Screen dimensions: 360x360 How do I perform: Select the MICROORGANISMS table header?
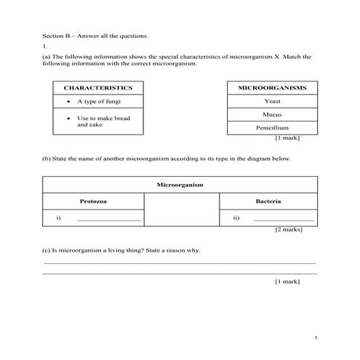tap(272, 88)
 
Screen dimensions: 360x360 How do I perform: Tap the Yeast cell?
tap(272, 102)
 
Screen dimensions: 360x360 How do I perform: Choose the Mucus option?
tap(272, 115)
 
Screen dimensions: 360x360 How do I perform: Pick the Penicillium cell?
tap(272, 128)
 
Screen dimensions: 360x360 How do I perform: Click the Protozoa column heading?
tap(94, 201)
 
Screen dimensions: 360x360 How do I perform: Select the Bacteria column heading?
tap(268, 201)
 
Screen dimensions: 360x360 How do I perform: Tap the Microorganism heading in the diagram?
tap(180, 185)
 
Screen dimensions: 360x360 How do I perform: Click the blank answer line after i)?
tap(108, 219)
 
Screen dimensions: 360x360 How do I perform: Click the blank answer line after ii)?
tap(284, 219)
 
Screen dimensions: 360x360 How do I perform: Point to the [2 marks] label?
tap(288, 231)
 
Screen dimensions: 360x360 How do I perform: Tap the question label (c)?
tap(47, 251)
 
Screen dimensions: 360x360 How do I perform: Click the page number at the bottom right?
tap(316, 338)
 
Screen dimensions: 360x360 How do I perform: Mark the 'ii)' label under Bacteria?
tap(236, 218)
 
